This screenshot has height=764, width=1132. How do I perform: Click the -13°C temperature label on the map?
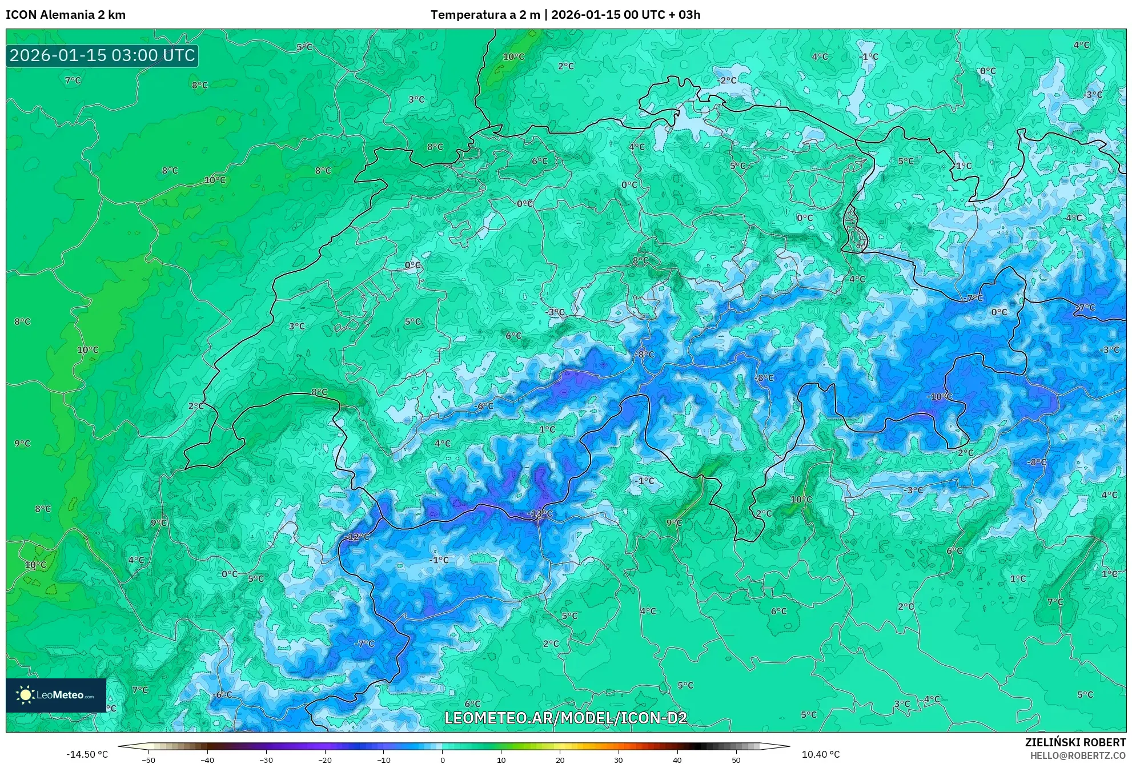[540, 513]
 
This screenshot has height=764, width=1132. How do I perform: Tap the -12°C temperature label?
[358, 537]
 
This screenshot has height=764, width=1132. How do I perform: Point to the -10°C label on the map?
[939, 396]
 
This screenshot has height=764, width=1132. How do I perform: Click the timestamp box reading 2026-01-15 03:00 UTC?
[102, 55]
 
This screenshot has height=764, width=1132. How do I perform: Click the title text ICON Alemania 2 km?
[66, 15]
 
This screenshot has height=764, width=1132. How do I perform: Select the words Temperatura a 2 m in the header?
[485, 15]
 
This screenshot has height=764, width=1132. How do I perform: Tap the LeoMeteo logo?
[56, 695]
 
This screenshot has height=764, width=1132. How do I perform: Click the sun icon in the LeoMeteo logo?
[25, 695]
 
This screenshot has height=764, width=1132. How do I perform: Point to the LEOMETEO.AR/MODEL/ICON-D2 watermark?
[565, 718]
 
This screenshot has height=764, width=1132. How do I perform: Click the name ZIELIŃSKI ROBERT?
[1075, 742]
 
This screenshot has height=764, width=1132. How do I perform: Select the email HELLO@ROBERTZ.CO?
[1078, 755]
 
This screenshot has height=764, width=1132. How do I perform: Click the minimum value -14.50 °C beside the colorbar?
[87, 754]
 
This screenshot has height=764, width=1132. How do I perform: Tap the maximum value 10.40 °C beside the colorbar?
[821, 754]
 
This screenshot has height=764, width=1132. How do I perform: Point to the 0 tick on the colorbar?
[442, 760]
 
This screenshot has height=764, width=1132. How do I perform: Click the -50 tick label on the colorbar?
[148, 760]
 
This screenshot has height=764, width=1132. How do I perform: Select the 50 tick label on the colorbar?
[736, 760]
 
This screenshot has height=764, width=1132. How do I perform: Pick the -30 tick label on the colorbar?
[266, 760]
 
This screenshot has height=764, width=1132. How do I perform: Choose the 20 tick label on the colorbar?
[560, 760]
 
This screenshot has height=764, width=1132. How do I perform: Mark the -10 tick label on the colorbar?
[384, 760]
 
